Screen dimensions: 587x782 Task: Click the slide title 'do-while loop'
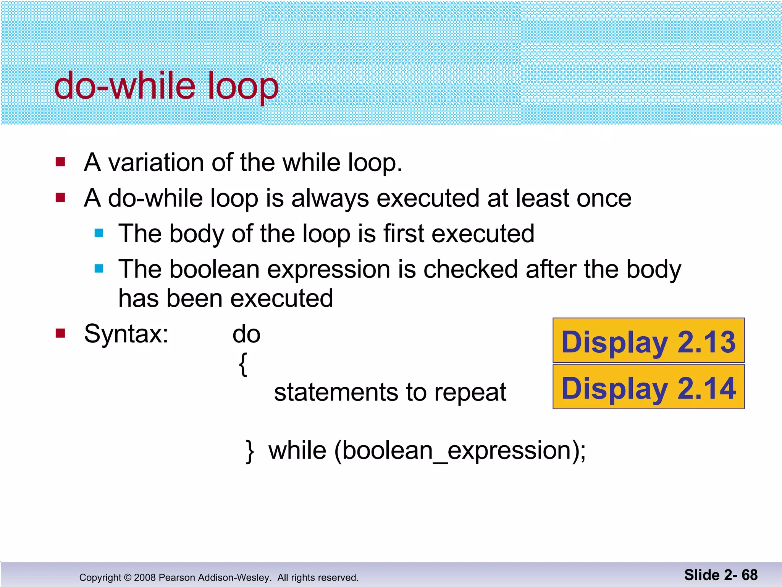pyautogui.click(x=166, y=86)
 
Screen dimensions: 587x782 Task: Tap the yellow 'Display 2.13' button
pyautogui.click(x=648, y=341)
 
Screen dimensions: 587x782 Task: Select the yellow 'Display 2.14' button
pyautogui.click(x=648, y=387)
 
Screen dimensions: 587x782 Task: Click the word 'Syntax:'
pyautogui.click(x=126, y=334)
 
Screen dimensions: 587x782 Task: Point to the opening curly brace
pyautogui.click(x=243, y=364)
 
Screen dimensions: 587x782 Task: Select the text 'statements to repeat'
pyautogui.click(x=390, y=392)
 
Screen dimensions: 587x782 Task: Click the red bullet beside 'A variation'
pyautogui.click(x=60, y=162)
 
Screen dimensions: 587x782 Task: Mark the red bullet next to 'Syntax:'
pyautogui.click(x=60, y=334)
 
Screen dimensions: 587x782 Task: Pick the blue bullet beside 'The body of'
pyautogui.click(x=99, y=233)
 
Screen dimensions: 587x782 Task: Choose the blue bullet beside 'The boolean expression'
pyautogui.click(x=99, y=269)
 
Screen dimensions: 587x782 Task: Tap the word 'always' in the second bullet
pyautogui.click(x=331, y=199)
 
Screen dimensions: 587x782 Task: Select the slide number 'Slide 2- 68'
pyautogui.click(x=721, y=575)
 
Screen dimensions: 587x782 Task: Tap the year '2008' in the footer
pyautogui.click(x=145, y=577)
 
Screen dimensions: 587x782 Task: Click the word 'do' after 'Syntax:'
pyautogui.click(x=246, y=334)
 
